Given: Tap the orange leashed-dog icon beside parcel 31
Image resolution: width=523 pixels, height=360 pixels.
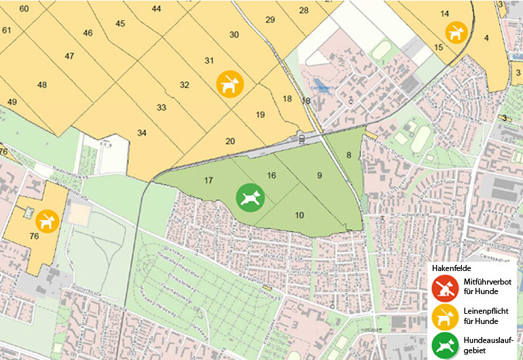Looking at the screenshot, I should click(230, 84).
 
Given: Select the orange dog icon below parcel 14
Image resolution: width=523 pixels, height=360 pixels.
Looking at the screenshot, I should click(454, 31).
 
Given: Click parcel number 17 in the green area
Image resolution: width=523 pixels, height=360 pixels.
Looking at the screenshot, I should click(209, 181).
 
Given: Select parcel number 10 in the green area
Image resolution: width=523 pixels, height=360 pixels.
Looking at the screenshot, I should click(300, 215).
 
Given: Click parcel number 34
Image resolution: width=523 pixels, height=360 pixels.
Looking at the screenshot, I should click(141, 132).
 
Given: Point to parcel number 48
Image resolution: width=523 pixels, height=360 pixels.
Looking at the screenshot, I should click(42, 85).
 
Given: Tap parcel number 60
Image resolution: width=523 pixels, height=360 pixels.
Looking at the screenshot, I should click(24, 9).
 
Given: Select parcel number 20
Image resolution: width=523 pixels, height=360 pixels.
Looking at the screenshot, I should click(230, 141).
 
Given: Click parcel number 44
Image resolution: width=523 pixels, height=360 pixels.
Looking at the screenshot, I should click(157, 9).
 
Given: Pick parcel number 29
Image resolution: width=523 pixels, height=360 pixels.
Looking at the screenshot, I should click(270, 20).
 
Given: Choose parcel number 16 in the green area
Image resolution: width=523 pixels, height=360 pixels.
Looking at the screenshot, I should click(272, 175).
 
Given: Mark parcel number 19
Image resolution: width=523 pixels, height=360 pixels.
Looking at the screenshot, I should click(260, 115).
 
